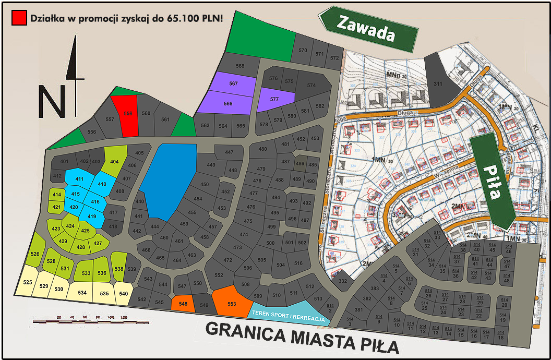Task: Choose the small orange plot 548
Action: (x=183, y=303)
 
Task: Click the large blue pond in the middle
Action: (x=168, y=180)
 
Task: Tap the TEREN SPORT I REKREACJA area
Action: (x=288, y=313)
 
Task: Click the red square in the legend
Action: (x=19, y=18)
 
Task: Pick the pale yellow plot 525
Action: (x=28, y=282)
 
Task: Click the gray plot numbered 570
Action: (x=303, y=51)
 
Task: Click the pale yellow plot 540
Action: (x=123, y=294)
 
